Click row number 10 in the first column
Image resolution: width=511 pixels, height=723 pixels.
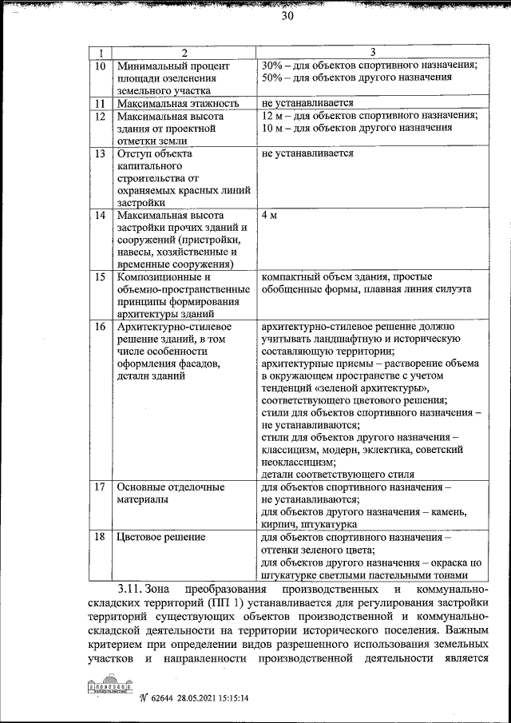[x=100, y=66]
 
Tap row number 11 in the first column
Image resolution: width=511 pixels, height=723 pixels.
[x=100, y=103]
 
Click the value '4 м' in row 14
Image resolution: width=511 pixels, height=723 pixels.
[x=269, y=216]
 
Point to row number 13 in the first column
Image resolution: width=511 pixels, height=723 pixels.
[x=100, y=153]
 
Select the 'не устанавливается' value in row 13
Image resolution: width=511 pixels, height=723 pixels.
[x=307, y=153]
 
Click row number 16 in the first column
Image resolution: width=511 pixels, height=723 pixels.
[x=100, y=327]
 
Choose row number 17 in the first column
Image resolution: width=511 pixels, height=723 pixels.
[x=100, y=487]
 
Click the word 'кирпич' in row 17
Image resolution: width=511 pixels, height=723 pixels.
[x=279, y=525]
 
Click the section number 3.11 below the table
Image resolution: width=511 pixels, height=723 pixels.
[x=129, y=588]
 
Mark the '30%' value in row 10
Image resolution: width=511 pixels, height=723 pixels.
[x=273, y=66]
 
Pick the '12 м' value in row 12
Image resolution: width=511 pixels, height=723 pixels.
[x=271, y=115]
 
